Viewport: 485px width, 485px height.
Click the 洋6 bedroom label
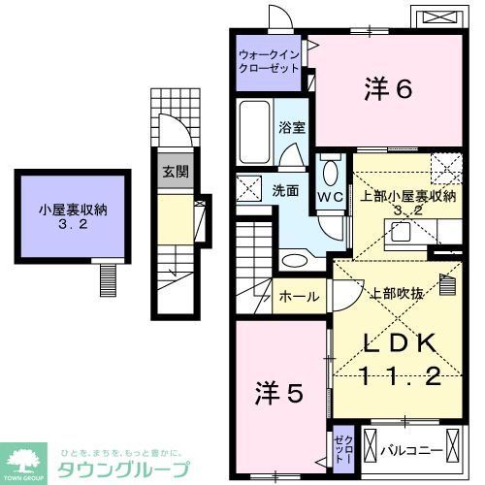[390, 90]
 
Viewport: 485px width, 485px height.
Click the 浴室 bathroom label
[292, 127]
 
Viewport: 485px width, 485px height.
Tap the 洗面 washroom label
[284, 190]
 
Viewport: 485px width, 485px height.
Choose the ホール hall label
[299, 295]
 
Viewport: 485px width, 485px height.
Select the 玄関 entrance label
[176, 174]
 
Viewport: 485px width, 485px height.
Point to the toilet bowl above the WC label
[330, 172]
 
